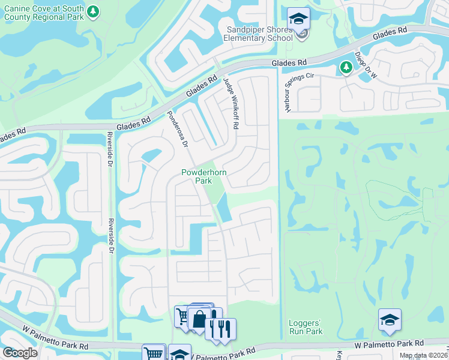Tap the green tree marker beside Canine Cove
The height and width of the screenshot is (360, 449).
coord(92,12)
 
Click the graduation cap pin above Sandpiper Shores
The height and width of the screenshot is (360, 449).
coord(298,19)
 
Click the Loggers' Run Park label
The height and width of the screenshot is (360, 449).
coord(306,327)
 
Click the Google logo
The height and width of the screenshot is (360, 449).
coord(20,353)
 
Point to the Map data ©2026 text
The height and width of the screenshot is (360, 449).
coord(423,355)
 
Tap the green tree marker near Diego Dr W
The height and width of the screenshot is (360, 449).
coord(346,68)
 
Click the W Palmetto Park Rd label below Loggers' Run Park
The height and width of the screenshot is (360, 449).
coord(384,344)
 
